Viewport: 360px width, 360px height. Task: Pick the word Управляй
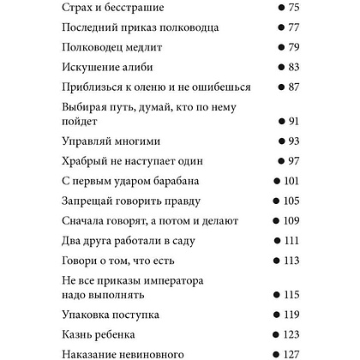[92, 141]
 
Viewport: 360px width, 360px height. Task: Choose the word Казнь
[80, 333]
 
